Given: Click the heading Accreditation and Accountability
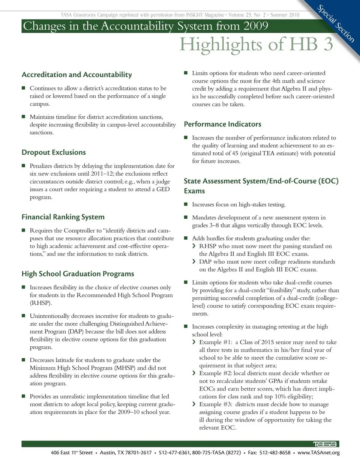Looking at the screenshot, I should point(77,75).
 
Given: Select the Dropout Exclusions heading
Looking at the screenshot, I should point(54,152).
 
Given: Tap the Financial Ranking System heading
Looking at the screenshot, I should point(63,217).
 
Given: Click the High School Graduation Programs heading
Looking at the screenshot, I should point(78,274).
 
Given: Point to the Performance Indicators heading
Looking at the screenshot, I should point(222,124).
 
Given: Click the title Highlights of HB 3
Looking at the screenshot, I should point(256,45).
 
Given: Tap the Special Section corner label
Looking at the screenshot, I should point(336,23).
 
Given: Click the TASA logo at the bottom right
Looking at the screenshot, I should point(325,444).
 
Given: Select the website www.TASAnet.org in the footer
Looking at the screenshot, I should point(318,452).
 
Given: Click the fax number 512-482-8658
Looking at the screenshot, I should point(275,452).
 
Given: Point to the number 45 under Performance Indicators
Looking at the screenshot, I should point(235,153).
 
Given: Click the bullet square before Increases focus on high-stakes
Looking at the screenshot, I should point(186,204).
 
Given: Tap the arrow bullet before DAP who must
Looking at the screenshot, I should point(194,262).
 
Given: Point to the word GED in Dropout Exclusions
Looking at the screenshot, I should point(163,189).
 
